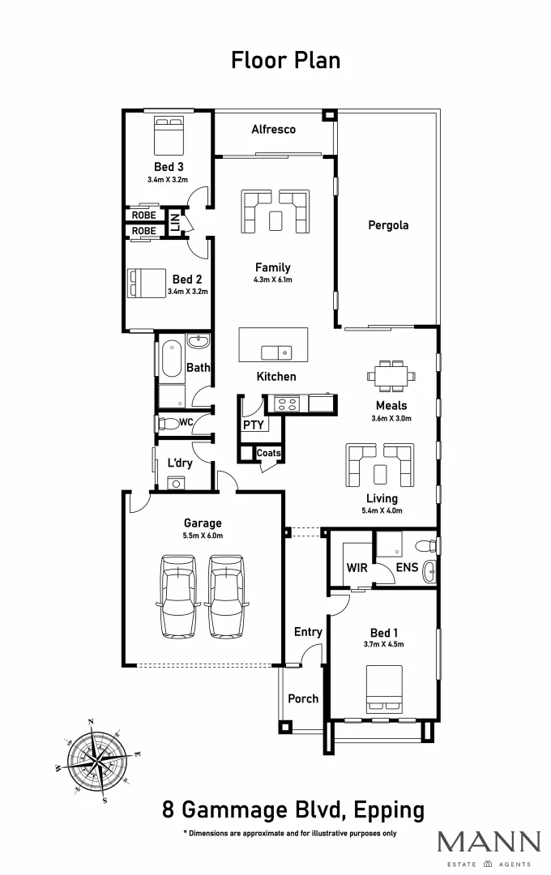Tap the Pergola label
(388, 225)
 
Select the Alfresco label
(273, 129)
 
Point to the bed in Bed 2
(143, 284)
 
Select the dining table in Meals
(392, 375)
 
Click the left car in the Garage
(178, 595)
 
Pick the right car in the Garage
(228, 595)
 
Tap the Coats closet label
(268, 454)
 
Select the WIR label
(357, 568)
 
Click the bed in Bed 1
(386, 688)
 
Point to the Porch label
(303, 698)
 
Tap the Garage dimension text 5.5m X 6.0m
(203, 536)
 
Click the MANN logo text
(489, 843)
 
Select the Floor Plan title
(286, 60)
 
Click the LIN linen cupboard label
(174, 222)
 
